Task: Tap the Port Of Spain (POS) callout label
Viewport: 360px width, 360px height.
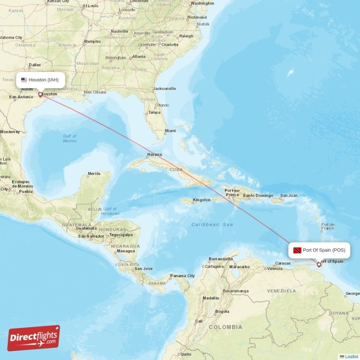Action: (x=319, y=250)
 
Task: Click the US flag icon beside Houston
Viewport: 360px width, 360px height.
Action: (x=24, y=80)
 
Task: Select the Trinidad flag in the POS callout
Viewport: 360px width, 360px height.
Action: (x=297, y=250)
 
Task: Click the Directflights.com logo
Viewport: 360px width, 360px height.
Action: (x=34, y=338)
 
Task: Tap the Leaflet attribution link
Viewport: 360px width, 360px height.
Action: (x=351, y=356)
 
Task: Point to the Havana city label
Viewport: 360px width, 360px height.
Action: (x=154, y=155)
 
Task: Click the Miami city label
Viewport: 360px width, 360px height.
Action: (x=170, y=131)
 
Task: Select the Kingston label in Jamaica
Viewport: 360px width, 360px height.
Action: (x=201, y=200)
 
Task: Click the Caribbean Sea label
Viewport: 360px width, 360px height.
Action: (x=211, y=224)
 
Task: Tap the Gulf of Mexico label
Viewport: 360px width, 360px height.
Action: (x=70, y=138)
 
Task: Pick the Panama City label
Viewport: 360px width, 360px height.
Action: (x=182, y=276)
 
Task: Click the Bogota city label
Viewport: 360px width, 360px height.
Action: (x=222, y=311)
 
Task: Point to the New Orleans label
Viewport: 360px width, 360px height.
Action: (x=95, y=92)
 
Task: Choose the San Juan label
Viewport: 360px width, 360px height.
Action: (x=289, y=196)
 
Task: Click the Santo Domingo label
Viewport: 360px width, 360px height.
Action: (x=258, y=196)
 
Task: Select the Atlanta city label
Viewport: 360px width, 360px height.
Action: (x=139, y=57)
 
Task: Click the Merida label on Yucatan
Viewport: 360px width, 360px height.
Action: (x=94, y=173)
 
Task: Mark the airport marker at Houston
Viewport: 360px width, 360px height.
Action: (x=40, y=94)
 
